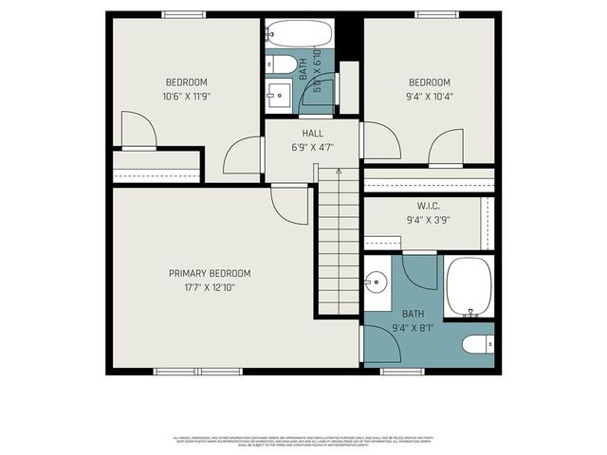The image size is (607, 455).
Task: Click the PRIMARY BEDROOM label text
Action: [210, 273]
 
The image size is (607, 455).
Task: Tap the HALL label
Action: [312, 134]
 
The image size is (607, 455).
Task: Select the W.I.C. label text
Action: [427, 206]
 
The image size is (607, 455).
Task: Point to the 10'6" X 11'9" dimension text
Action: [187, 96]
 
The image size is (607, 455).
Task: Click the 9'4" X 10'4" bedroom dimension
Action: [429, 96]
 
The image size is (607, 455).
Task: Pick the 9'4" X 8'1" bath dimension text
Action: [413, 328]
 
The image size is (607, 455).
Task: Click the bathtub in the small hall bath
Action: [298, 36]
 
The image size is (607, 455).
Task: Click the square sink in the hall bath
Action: [280, 93]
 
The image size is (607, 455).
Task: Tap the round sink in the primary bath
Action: [377, 282]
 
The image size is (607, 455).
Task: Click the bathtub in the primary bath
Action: [468, 285]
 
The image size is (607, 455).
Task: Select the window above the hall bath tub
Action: [298, 15]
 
